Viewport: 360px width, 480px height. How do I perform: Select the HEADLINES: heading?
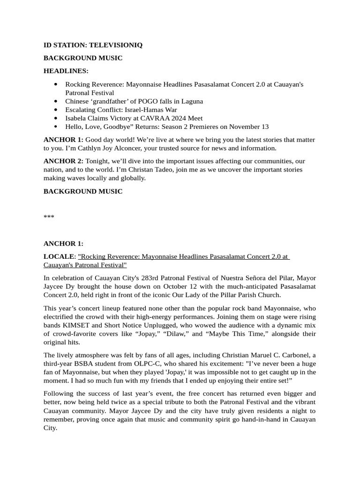click(66, 71)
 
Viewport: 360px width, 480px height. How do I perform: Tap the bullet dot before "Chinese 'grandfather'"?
click(56, 101)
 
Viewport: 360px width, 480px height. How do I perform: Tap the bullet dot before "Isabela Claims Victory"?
click(56, 118)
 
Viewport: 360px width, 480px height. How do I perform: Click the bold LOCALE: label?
click(60, 257)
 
